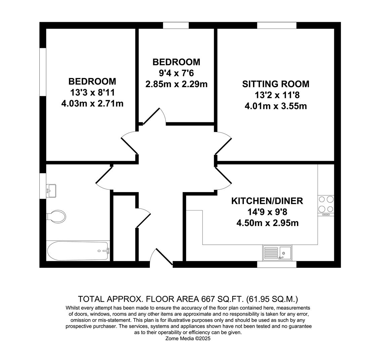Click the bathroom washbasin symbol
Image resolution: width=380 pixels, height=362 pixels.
click(x=51, y=191)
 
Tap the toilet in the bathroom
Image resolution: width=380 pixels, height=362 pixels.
click(x=56, y=216)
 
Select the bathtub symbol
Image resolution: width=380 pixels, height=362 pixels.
click(x=78, y=251)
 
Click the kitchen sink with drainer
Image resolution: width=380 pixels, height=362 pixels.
click(x=278, y=253)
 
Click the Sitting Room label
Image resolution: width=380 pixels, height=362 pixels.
click(x=276, y=84)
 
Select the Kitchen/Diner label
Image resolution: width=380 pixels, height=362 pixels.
click(x=267, y=201)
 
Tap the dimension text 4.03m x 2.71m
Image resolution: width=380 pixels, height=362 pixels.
click(x=92, y=104)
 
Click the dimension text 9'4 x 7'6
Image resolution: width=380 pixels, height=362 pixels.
click(x=176, y=73)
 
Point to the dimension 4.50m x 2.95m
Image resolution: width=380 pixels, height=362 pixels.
click(x=267, y=223)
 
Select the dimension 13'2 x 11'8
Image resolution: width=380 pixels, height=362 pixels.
click(x=277, y=95)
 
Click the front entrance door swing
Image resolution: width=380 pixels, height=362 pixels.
click(x=161, y=257)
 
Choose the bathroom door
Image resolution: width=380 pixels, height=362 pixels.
click(x=104, y=178)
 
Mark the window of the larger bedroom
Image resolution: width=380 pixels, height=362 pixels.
click(x=43, y=72)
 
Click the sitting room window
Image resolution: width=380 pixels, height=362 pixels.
click(x=277, y=25)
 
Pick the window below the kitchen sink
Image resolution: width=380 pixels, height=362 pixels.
click(x=277, y=264)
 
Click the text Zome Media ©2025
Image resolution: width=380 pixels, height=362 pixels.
click(x=188, y=339)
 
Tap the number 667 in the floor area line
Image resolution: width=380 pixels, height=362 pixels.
click(x=208, y=299)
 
